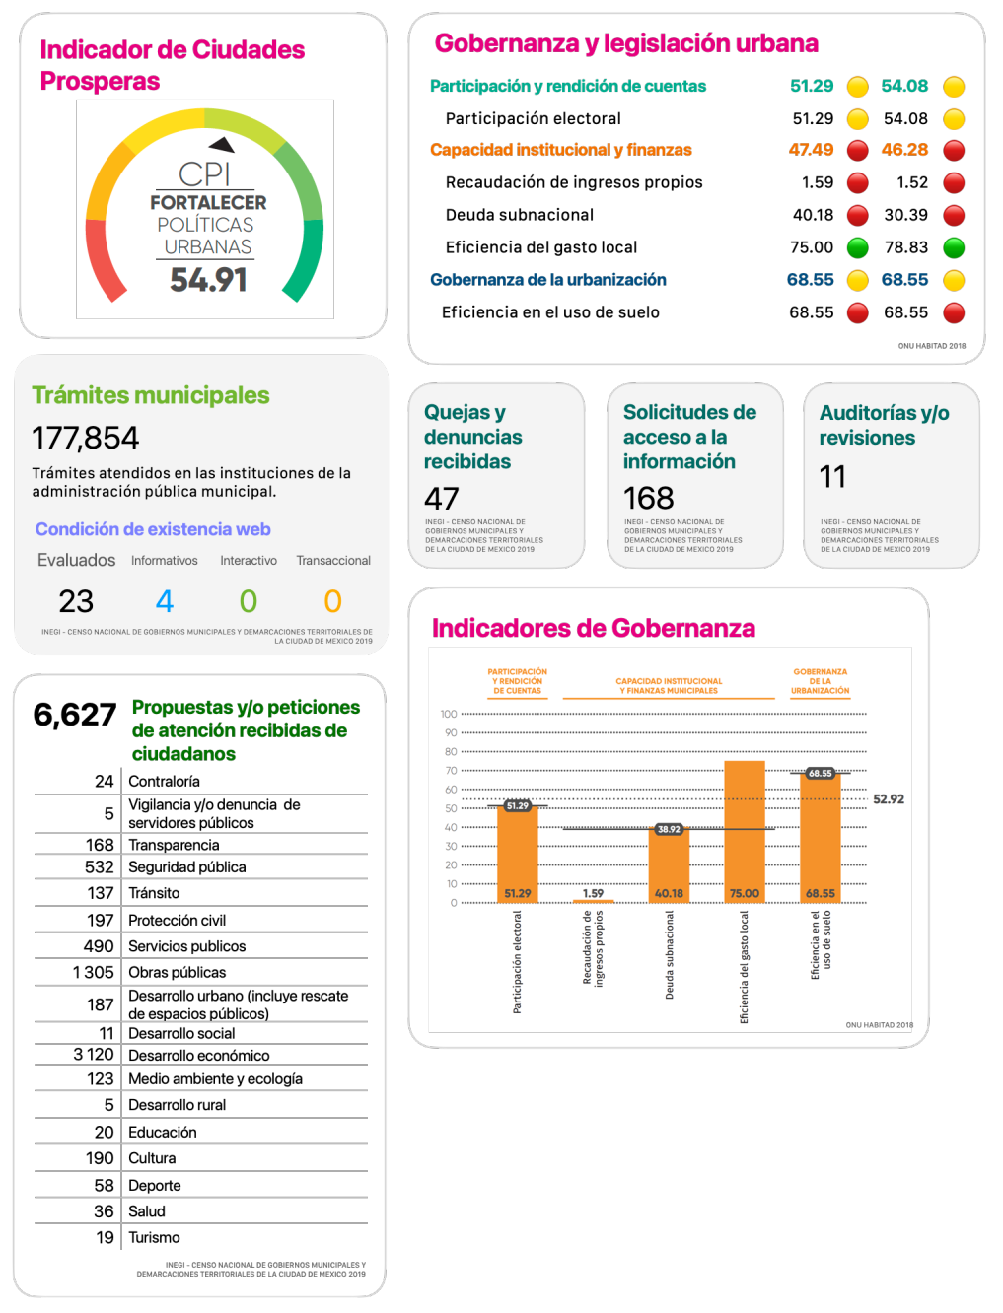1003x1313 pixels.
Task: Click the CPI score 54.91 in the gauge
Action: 208,280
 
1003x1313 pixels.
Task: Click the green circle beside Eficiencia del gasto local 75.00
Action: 858,247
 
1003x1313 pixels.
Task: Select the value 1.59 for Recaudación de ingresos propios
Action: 818,182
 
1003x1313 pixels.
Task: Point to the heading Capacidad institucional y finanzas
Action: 560,150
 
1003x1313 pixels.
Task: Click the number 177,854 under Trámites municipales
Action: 86,438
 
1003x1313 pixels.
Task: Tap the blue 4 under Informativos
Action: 165,601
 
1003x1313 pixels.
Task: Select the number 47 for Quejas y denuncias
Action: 442,499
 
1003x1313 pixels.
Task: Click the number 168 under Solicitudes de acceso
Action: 649,499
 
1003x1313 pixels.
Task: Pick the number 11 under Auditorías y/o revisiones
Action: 832,477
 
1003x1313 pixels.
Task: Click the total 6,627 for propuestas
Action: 75,714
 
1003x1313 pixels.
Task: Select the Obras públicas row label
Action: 177,972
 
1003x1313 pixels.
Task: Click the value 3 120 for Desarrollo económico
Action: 94,1055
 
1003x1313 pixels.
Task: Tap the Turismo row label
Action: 154,1237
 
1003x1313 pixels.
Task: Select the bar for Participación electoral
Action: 518,853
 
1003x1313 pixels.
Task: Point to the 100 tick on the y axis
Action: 449,714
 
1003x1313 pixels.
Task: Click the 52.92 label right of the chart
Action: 889,799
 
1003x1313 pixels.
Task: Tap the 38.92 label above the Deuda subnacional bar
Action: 669,829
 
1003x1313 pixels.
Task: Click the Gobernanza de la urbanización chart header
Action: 821,681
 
